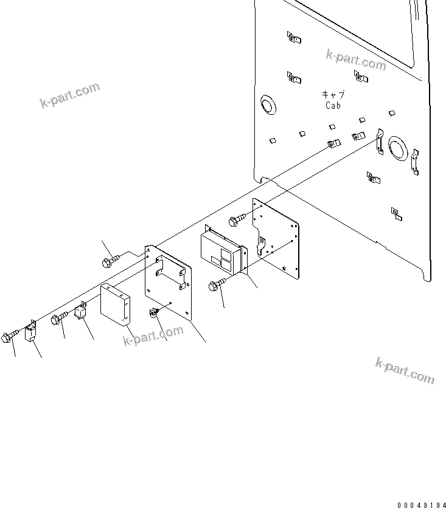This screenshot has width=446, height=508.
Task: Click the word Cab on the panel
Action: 333,105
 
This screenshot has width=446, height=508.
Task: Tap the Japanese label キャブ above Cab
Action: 333,94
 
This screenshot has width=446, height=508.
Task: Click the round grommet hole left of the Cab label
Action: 268,105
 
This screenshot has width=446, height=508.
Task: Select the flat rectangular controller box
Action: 116,305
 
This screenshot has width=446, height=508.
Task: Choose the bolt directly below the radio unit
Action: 217,285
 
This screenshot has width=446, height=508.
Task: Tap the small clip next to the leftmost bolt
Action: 30,332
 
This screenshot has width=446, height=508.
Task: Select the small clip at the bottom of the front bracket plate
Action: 154,313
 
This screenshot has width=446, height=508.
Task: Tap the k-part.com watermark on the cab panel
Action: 356,61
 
